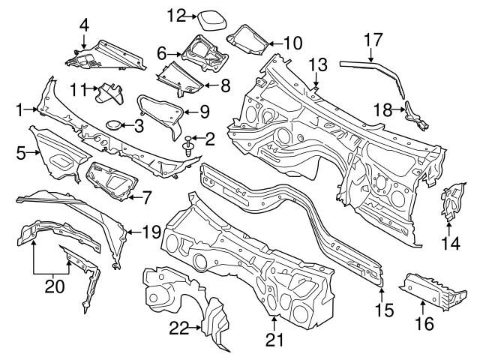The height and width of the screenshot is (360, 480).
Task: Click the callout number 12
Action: point(175,14)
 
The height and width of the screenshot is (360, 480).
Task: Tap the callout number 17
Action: point(373,37)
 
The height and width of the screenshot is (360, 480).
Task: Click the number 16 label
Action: point(424,323)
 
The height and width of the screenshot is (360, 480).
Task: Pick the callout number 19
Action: point(151,232)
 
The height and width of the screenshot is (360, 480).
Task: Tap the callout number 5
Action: point(21,153)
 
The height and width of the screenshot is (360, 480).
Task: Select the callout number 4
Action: point(84,24)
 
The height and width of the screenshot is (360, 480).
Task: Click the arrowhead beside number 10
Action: point(269,43)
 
